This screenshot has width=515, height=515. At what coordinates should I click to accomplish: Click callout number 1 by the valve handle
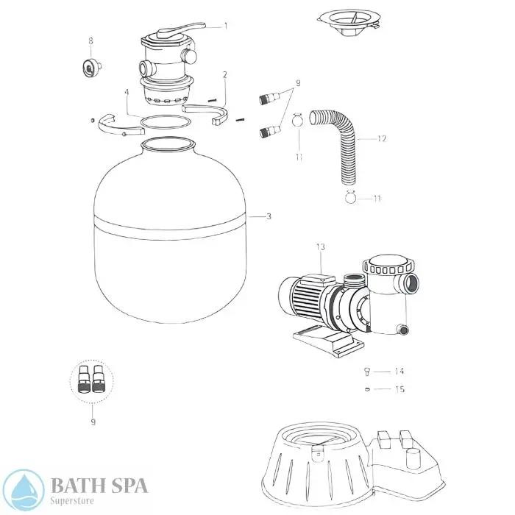226,26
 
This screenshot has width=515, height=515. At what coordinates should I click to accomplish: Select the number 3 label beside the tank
269,216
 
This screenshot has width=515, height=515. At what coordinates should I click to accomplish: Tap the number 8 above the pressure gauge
90,40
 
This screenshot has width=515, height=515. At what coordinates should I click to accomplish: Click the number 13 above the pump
319,246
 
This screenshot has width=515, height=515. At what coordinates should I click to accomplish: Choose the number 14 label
399,372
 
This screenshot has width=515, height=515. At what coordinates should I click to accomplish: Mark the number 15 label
399,389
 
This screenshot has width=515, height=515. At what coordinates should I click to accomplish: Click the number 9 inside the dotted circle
92,422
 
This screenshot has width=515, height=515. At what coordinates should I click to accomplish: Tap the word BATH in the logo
74,485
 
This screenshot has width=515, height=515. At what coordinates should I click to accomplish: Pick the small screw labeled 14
365,371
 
